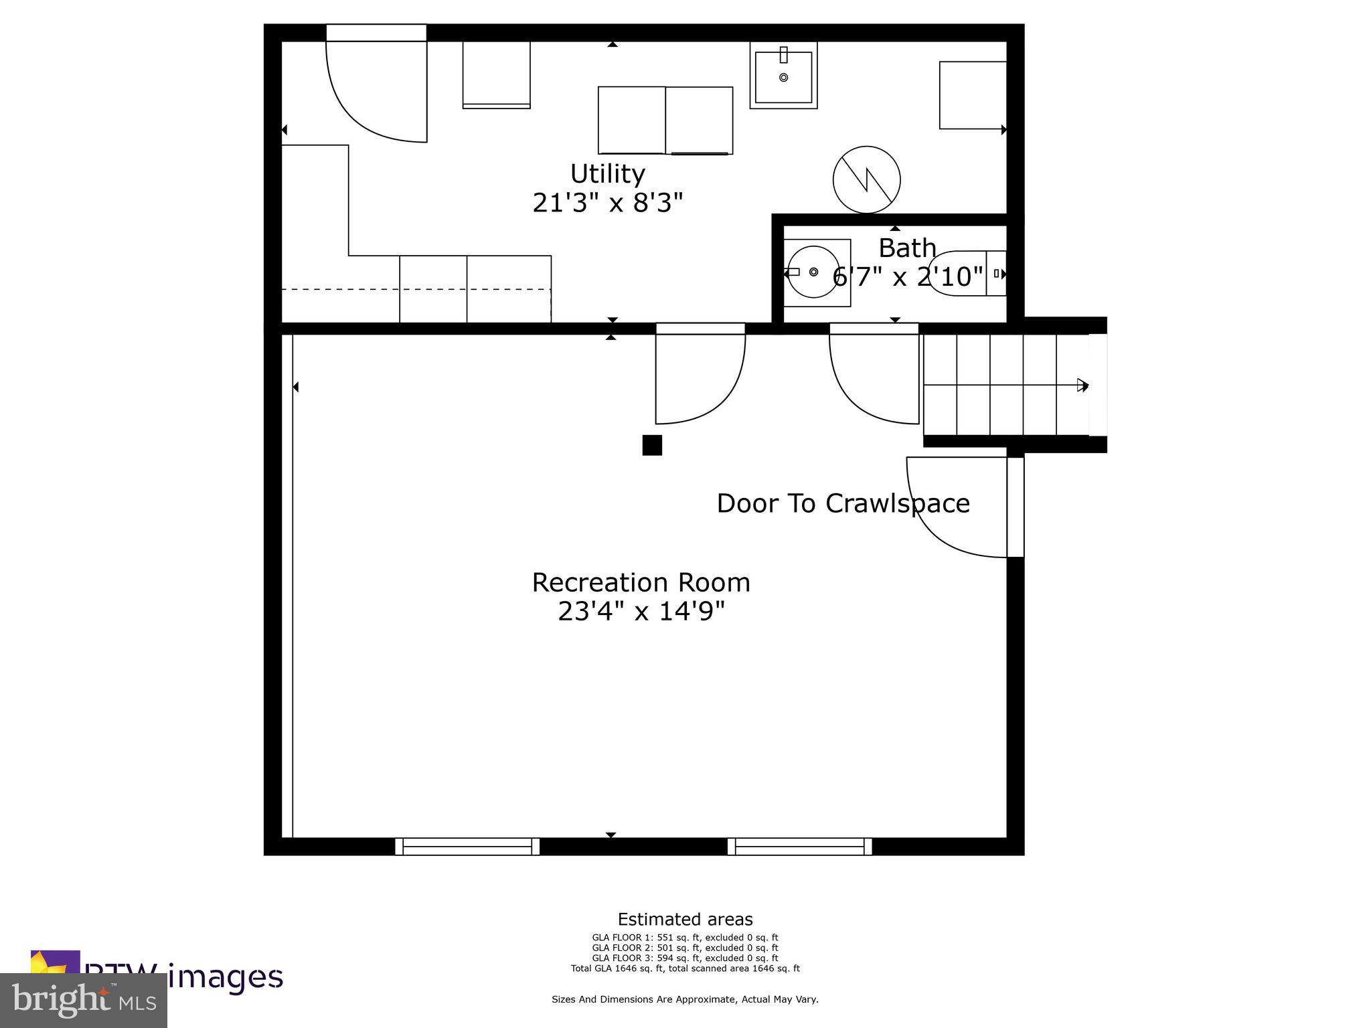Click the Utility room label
tap(607, 174)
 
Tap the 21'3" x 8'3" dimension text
tap(607, 203)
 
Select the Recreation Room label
tap(641, 582)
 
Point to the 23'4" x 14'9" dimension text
tap(641, 611)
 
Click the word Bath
tap(906, 248)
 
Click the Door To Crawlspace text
tap(843, 503)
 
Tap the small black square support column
tap(652, 445)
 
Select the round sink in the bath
tap(813, 272)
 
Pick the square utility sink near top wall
tap(783, 76)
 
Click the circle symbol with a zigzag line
tap(866, 179)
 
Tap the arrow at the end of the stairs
tap(1082, 385)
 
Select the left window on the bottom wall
tap(467, 847)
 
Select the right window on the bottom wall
tap(799, 847)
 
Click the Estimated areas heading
tap(685, 920)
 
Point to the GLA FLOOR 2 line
tap(685, 948)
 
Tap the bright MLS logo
tap(84, 1001)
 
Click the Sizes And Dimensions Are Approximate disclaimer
tap(685, 999)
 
